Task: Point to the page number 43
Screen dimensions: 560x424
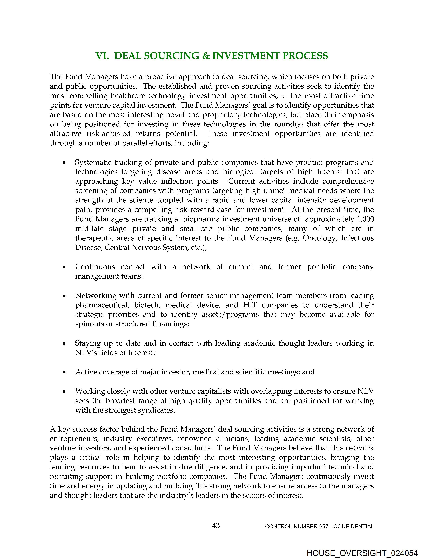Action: click(216, 526)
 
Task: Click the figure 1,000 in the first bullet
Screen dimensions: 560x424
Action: click(365, 219)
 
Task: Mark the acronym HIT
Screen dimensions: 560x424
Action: click(250, 305)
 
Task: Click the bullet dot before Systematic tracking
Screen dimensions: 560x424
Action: click(64, 163)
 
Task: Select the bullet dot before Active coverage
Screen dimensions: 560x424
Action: click(64, 372)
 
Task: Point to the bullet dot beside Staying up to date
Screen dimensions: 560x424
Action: click(64, 344)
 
